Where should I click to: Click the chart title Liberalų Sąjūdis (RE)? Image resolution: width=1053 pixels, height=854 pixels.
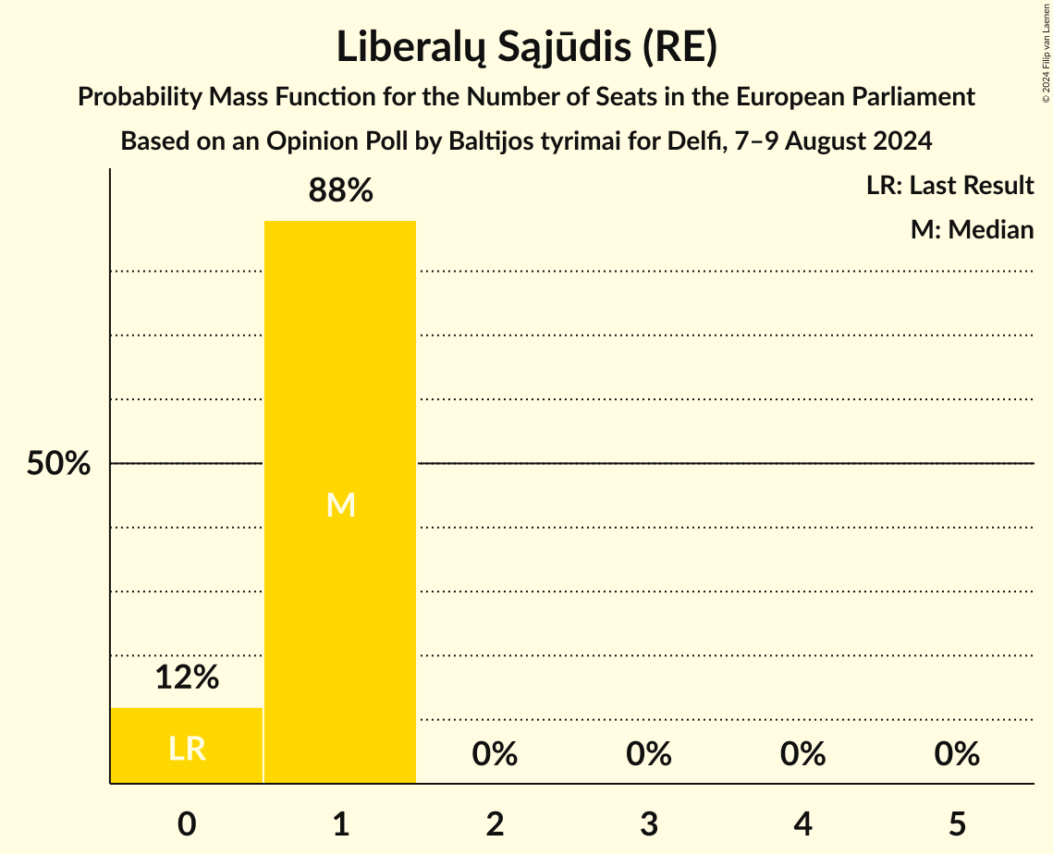(x=526, y=48)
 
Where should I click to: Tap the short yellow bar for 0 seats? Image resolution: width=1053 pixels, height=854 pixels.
(x=187, y=745)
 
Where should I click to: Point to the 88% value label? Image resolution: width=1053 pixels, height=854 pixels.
(x=340, y=191)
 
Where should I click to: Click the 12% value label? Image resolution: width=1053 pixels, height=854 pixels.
(x=187, y=678)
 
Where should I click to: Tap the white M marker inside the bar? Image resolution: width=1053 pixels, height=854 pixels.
(x=340, y=505)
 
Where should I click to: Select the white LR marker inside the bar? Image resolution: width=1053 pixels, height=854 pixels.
(x=187, y=749)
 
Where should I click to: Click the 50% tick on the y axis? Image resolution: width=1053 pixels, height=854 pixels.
(x=58, y=464)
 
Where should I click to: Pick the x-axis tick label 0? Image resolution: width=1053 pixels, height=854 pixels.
(x=187, y=823)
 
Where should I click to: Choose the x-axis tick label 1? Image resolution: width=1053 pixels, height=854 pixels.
(x=340, y=823)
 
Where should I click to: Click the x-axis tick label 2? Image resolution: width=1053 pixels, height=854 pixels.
(x=495, y=823)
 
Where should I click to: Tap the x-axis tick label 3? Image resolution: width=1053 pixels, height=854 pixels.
(x=649, y=823)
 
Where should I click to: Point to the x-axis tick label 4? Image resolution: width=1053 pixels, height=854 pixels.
(x=802, y=823)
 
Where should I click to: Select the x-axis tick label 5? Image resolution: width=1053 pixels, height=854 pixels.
(x=957, y=823)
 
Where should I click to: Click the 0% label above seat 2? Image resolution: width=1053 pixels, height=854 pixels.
(x=495, y=754)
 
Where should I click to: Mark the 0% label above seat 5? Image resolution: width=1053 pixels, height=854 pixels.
(x=957, y=754)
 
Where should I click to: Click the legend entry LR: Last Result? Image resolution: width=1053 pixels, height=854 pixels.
(x=949, y=186)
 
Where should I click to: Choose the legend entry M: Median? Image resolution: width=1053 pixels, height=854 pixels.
(x=972, y=229)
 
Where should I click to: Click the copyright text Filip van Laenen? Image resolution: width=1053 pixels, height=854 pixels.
(x=1045, y=36)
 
